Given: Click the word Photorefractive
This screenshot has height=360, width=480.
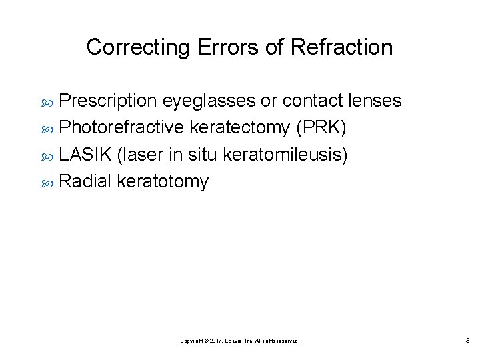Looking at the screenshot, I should [122, 127].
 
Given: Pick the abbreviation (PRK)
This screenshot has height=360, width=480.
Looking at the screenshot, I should [321, 127].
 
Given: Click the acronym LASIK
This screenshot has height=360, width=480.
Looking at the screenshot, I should [85, 154].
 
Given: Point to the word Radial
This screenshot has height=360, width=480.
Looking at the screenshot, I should [85, 181].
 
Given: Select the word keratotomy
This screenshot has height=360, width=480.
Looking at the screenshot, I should [163, 181].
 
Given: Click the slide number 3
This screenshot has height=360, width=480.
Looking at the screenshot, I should [467, 341].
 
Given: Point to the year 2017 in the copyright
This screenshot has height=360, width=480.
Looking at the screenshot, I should [214, 341].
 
